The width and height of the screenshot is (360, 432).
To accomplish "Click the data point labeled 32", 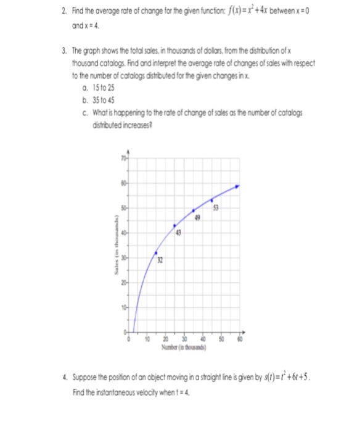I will tap(156, 252).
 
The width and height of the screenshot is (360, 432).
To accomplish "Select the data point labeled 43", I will tap(174, 225).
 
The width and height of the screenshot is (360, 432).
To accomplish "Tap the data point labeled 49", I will tap(194, 210).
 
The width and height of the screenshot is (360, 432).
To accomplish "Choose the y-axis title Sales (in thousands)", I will tap(113, 247).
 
